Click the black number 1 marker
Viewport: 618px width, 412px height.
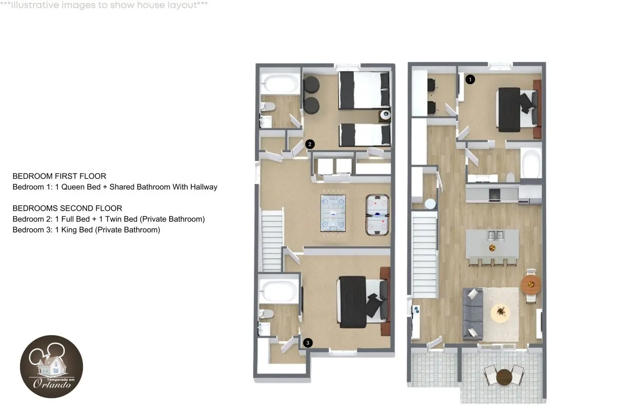tap(470, 80)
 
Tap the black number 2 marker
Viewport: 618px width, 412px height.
tap(310, 144)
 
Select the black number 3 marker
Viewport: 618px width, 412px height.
tap(308, 343)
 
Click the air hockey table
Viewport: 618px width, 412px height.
tap(377, 215)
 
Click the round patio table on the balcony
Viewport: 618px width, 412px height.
tap(504, 377)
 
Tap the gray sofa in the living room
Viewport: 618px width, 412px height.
tap(473, 314)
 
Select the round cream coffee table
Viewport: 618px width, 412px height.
tap(500, 313)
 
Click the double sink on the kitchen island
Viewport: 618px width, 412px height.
tap(496, 235)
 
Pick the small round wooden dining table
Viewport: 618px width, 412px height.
tap(531, 284)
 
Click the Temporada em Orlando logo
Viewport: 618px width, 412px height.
tap(51, 366)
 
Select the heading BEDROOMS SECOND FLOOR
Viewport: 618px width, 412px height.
tap(67, 208)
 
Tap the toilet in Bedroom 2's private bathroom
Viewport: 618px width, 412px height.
tap(268, 106)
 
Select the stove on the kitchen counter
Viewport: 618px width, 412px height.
tap(494, 194)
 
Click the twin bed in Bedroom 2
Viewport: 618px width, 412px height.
tap(365, 135)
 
